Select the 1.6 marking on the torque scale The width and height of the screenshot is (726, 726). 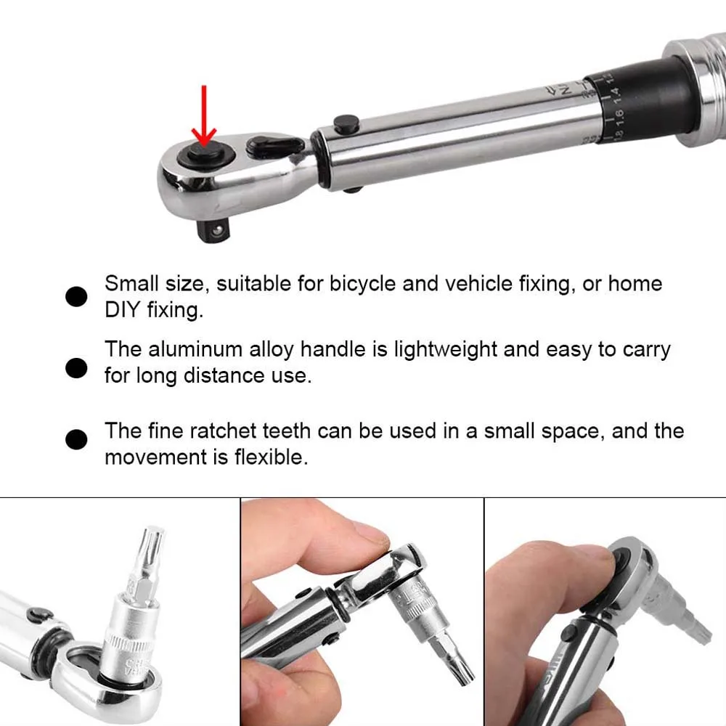pos(618,115)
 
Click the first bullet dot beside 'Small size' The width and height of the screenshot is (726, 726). pos(76,296)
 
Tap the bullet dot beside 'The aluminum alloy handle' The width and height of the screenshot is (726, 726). pos(76,368)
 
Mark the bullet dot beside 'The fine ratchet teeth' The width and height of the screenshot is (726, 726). pos(76,439)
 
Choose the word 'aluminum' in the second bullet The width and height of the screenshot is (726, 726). pos(197,349)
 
